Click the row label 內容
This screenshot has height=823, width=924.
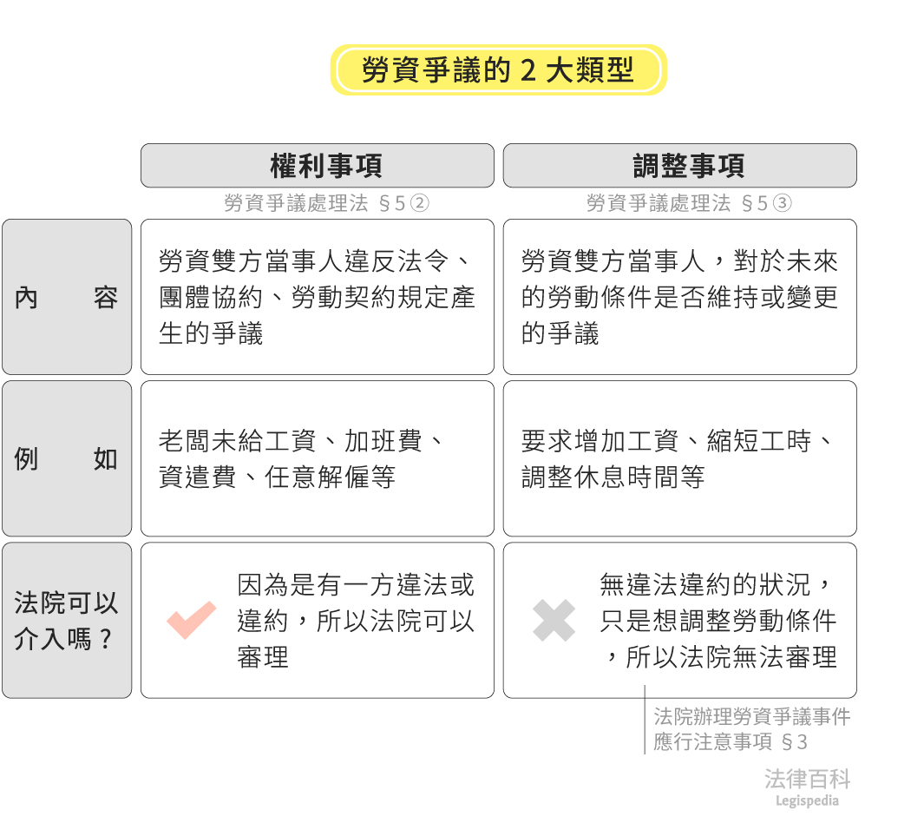[66, 298]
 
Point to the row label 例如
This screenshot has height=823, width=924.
[66, 459]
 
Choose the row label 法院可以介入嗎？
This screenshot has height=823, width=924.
[66, 621]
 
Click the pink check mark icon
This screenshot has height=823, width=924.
[192, 620]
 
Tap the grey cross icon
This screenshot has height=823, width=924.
[554, 621]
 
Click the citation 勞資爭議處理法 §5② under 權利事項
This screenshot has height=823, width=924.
[326, 204]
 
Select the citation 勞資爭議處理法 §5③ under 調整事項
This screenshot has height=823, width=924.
[689, 204]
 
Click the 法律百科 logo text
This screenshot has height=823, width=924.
[807, 779]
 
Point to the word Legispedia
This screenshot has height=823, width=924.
[807, 801]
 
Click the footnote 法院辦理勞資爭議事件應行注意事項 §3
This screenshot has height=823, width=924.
[751, 729]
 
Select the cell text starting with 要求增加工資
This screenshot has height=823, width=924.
[677, 459]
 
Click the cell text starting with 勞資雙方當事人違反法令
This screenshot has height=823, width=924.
[317, 297]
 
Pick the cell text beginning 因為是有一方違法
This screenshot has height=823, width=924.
[356, 621]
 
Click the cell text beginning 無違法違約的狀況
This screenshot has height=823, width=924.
[718, 621]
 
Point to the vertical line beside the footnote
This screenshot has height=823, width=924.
[645, 721]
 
